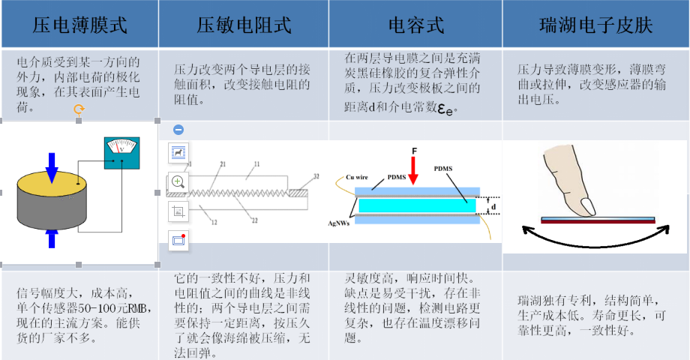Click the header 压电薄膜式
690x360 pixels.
click(x=80, y=25)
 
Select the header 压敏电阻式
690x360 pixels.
click(x=244, y=25)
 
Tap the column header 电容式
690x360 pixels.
click(x=415, y=25)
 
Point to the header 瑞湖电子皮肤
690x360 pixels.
click(x=595, y=25)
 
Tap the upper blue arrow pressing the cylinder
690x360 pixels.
click(x=52, y=167)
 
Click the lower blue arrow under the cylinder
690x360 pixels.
click(x=52, y=238)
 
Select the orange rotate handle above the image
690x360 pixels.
click(x=79, y=110)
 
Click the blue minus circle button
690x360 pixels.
click(x=178, y=129)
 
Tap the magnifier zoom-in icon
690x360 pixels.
click(x=178, y=181)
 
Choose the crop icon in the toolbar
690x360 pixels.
click(x=178, y=211)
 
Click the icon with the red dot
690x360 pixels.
click(x=178, y=240)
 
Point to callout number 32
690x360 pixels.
click(x=316, y=176)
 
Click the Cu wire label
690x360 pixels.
click(x=356, y=178)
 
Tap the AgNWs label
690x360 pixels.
click(x=342, y=223)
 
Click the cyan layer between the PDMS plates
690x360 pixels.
click(x=416, y=205)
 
